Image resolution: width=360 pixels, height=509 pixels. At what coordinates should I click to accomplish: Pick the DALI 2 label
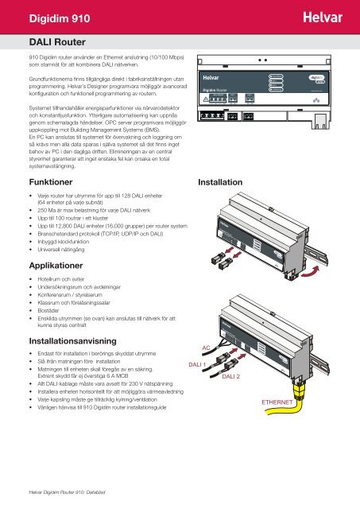[x=234, y=376]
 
